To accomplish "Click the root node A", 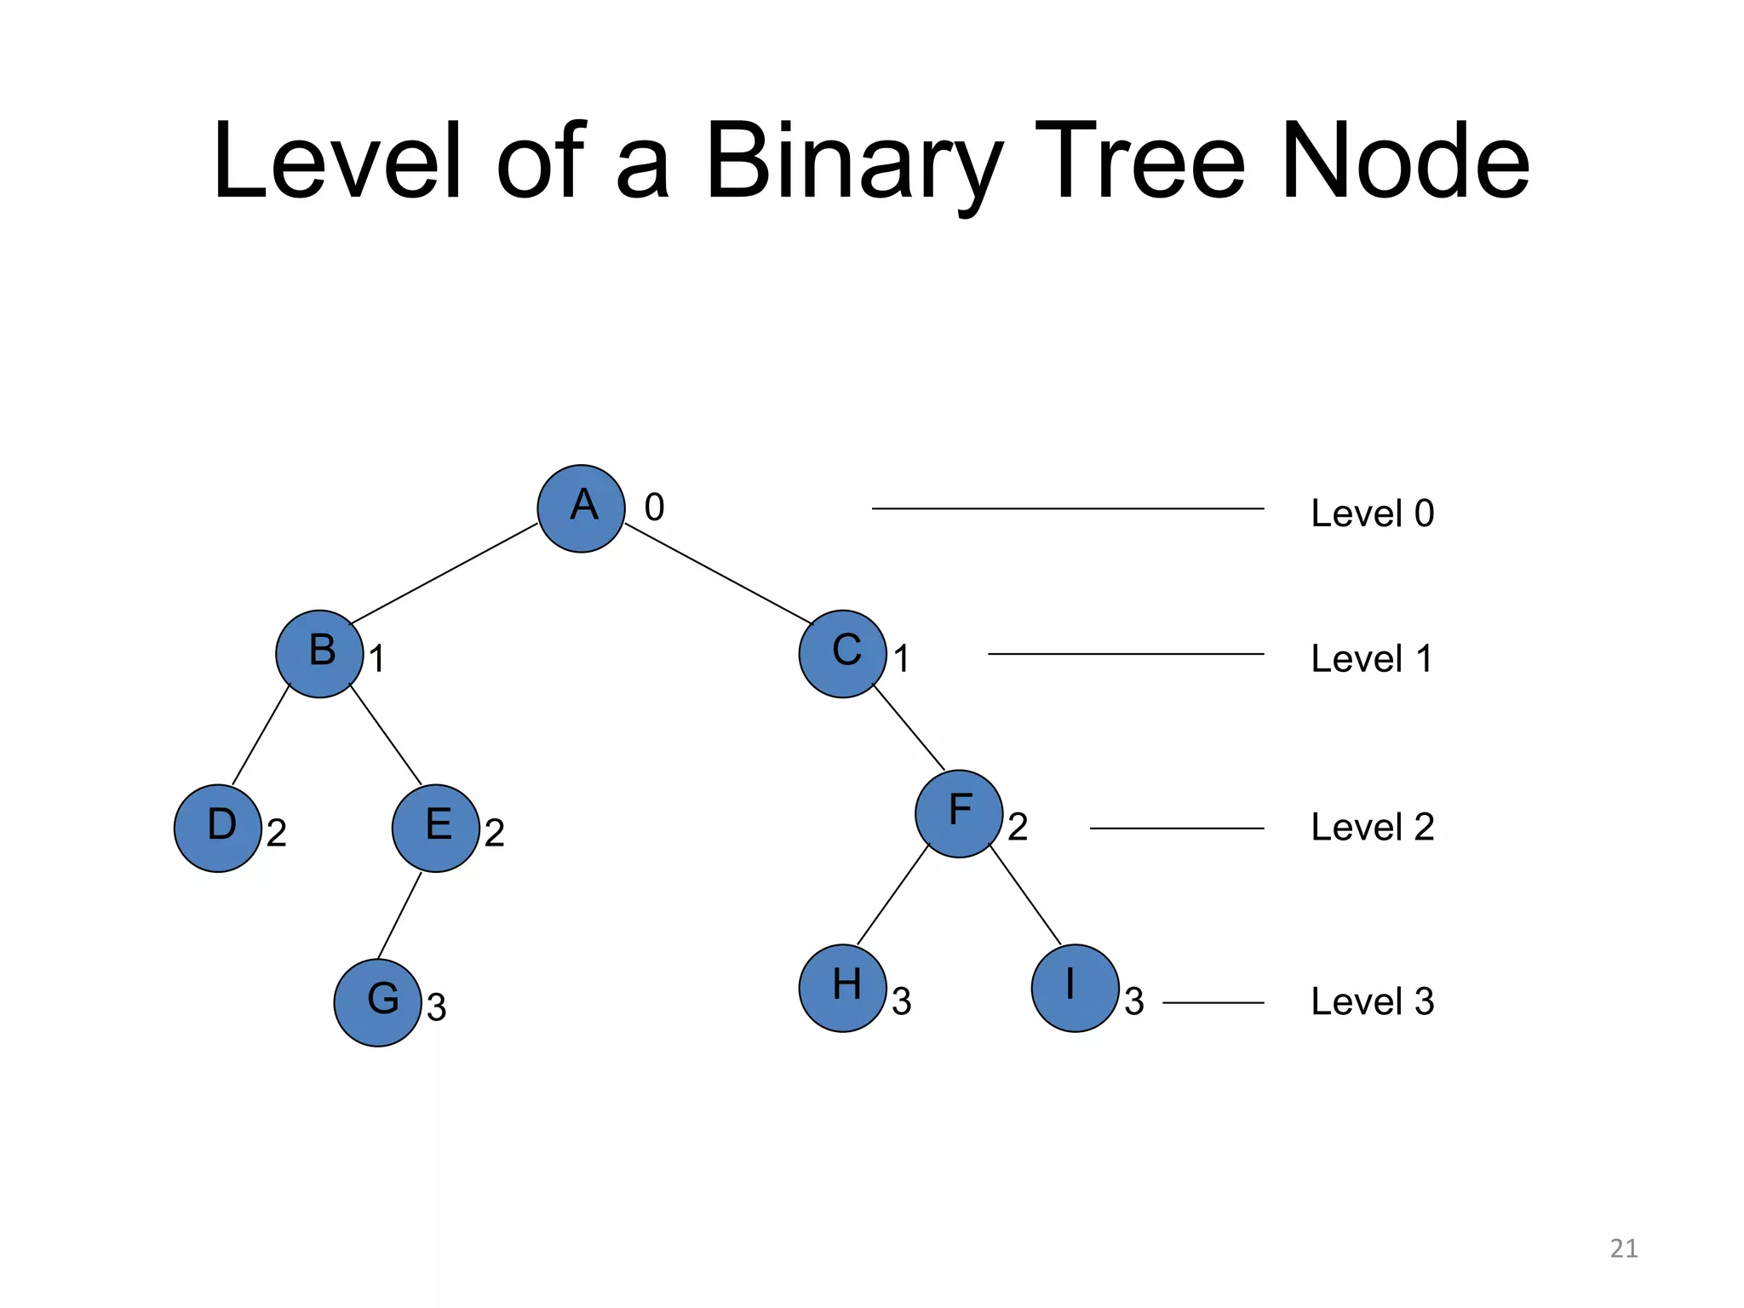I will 582,508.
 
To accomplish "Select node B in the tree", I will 319,654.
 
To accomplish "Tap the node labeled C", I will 843,654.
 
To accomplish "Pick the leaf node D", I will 218,828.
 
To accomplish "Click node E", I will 436,828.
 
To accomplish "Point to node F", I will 959,813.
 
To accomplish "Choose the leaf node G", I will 378,1002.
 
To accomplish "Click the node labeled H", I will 843,988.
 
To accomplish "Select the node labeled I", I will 1076,988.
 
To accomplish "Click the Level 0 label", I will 1372,513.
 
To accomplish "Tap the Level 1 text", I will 1372,659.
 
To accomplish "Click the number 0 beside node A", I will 654,508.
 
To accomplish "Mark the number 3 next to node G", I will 436,1008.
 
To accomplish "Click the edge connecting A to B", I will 443,574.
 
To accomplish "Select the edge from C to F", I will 909,726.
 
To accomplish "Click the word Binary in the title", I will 854,162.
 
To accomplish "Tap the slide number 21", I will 1623,1248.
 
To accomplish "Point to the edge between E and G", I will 399,915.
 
